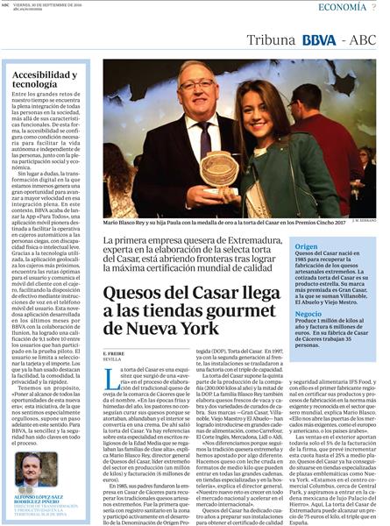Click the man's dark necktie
coord(204,140)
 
